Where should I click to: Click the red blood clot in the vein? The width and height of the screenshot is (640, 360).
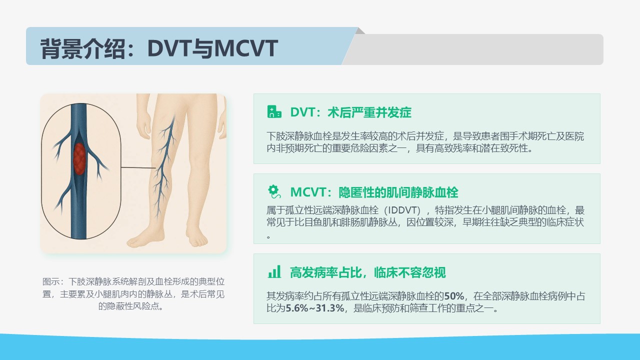coord(79,158)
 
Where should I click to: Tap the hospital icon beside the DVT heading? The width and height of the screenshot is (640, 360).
coord(274,111)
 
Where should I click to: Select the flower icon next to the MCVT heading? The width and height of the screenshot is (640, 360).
coord(274,191)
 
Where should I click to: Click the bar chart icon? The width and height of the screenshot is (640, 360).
coord(274,271)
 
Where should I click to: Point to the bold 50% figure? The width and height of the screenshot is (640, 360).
coord(454,296)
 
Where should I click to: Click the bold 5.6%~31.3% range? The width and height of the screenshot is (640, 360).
coord(315,308)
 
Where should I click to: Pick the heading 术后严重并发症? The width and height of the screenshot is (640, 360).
coord(369,112)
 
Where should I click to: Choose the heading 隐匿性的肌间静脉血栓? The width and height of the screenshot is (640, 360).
coord(398,192)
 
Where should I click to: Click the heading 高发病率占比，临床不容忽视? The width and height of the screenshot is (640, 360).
coord(367,272)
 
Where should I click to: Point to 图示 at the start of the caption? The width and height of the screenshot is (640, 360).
coord(51,281)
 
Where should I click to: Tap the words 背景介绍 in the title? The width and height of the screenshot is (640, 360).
coord(82,48)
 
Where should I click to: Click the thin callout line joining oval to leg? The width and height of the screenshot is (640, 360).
coord(138,167)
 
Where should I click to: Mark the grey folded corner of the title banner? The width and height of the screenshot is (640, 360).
coord(360,30)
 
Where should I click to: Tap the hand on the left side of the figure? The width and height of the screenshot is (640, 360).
coord(143,126)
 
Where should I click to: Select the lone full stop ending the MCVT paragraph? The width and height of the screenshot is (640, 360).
coord(268,236)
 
